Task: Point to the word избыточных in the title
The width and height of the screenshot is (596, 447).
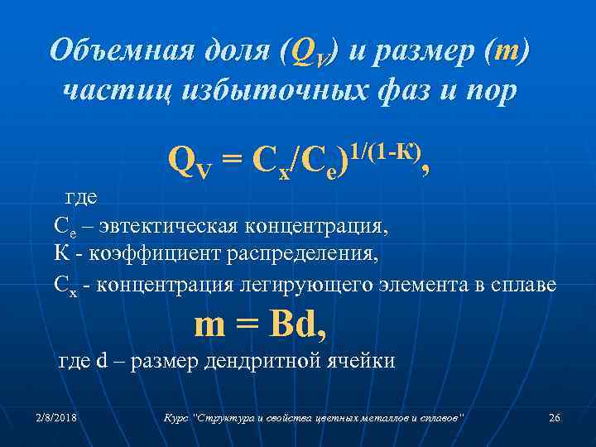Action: tap(266, 89)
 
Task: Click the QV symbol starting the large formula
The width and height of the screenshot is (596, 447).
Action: tap(192, 159)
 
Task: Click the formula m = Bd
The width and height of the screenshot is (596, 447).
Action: tap(259, 324)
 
